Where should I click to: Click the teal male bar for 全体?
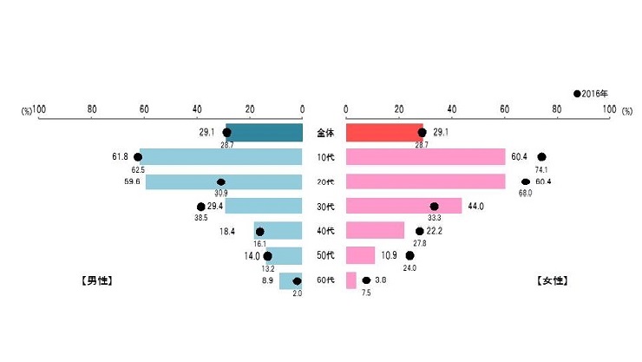pos(265,133)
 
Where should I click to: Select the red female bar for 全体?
pos(383,133)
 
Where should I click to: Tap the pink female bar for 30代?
pos(403,207)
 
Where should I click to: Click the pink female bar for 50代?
pos(360,255)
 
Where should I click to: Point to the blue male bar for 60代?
pos(291,280)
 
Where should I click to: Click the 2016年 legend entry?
pos(593,93)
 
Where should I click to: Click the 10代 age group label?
pos(324,158)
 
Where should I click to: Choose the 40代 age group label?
pos(324,232)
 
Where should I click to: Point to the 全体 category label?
pos(324,133)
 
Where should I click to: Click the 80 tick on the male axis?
pos(92,110)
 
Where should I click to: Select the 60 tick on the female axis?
pos(504,110)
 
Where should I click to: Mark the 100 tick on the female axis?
pos(607,110)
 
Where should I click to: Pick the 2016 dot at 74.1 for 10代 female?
pos(541,157)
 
